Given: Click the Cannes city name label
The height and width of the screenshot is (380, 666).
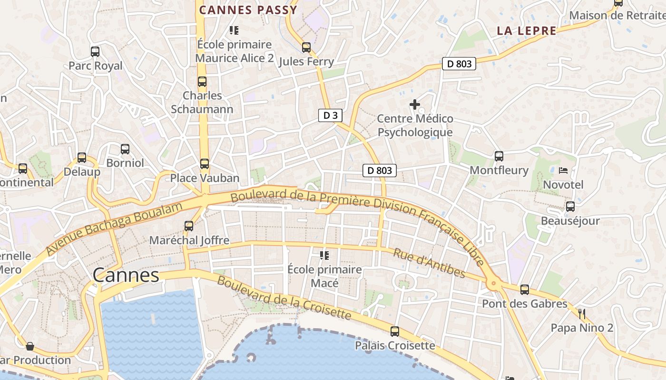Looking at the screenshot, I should tap(126, 275).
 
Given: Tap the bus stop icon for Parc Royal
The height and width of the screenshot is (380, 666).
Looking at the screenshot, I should tap(95, 52).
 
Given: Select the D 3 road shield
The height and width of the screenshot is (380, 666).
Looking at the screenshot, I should tap(330, 115).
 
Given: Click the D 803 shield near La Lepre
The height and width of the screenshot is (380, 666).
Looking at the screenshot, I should tap(459, 64).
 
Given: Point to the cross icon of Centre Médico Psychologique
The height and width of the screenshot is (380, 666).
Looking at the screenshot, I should tap(415, 104).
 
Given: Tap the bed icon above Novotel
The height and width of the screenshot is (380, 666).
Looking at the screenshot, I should tap(563, 170).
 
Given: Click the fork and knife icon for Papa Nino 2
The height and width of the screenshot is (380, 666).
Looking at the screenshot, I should tap(582, 313).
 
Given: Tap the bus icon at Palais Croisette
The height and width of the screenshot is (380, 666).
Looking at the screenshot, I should tap(395, 332).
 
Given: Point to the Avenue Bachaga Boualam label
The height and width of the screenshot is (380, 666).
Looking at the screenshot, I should tap(114, 228).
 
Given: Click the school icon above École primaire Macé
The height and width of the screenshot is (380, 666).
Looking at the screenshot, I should tap(324, 256).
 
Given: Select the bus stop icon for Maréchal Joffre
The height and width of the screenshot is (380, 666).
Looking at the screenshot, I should tap(189, 226).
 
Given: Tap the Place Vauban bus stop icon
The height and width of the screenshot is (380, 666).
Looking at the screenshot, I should tap(205, 164).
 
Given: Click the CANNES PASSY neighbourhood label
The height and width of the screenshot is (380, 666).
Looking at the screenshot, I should tap(248, 10).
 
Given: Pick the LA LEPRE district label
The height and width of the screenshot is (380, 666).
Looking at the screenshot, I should tap(526, 31).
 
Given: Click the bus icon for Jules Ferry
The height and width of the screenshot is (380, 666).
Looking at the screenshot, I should tap(306, 47).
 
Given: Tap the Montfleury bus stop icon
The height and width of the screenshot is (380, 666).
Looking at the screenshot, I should tap(499, 156).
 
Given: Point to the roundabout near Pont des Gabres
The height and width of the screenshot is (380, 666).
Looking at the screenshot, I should tap(493, 284).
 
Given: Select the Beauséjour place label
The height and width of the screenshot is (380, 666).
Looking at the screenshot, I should tap(570, 221).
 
